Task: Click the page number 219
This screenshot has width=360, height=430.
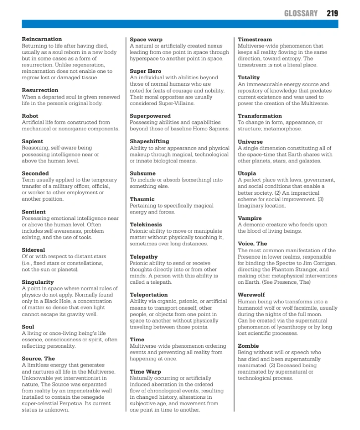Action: (332, 13)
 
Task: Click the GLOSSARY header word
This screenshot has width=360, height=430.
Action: (300, 13)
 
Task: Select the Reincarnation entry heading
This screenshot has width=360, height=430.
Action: (42, 39)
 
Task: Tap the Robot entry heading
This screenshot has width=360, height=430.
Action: (30, 116)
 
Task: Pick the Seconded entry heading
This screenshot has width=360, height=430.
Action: (35, 173)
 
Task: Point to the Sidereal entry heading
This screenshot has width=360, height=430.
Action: (33, 250)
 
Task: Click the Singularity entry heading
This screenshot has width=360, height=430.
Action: (38, 282)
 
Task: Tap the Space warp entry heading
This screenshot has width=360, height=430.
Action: (146, 39)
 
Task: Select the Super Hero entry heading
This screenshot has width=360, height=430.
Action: (145, 71)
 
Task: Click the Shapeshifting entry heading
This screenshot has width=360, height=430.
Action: (149, 141)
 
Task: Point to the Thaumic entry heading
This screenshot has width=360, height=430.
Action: (142, 199)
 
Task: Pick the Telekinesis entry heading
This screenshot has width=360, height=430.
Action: (146, 224)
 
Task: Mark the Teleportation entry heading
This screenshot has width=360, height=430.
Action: (149, 295)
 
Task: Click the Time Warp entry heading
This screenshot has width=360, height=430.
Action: (145, 372)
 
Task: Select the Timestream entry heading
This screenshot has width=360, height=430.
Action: (255, 39)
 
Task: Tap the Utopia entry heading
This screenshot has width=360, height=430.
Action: (248, 173)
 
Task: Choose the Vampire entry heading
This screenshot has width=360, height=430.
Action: (250, 218)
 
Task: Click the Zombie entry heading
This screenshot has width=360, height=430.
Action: (248, 346)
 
